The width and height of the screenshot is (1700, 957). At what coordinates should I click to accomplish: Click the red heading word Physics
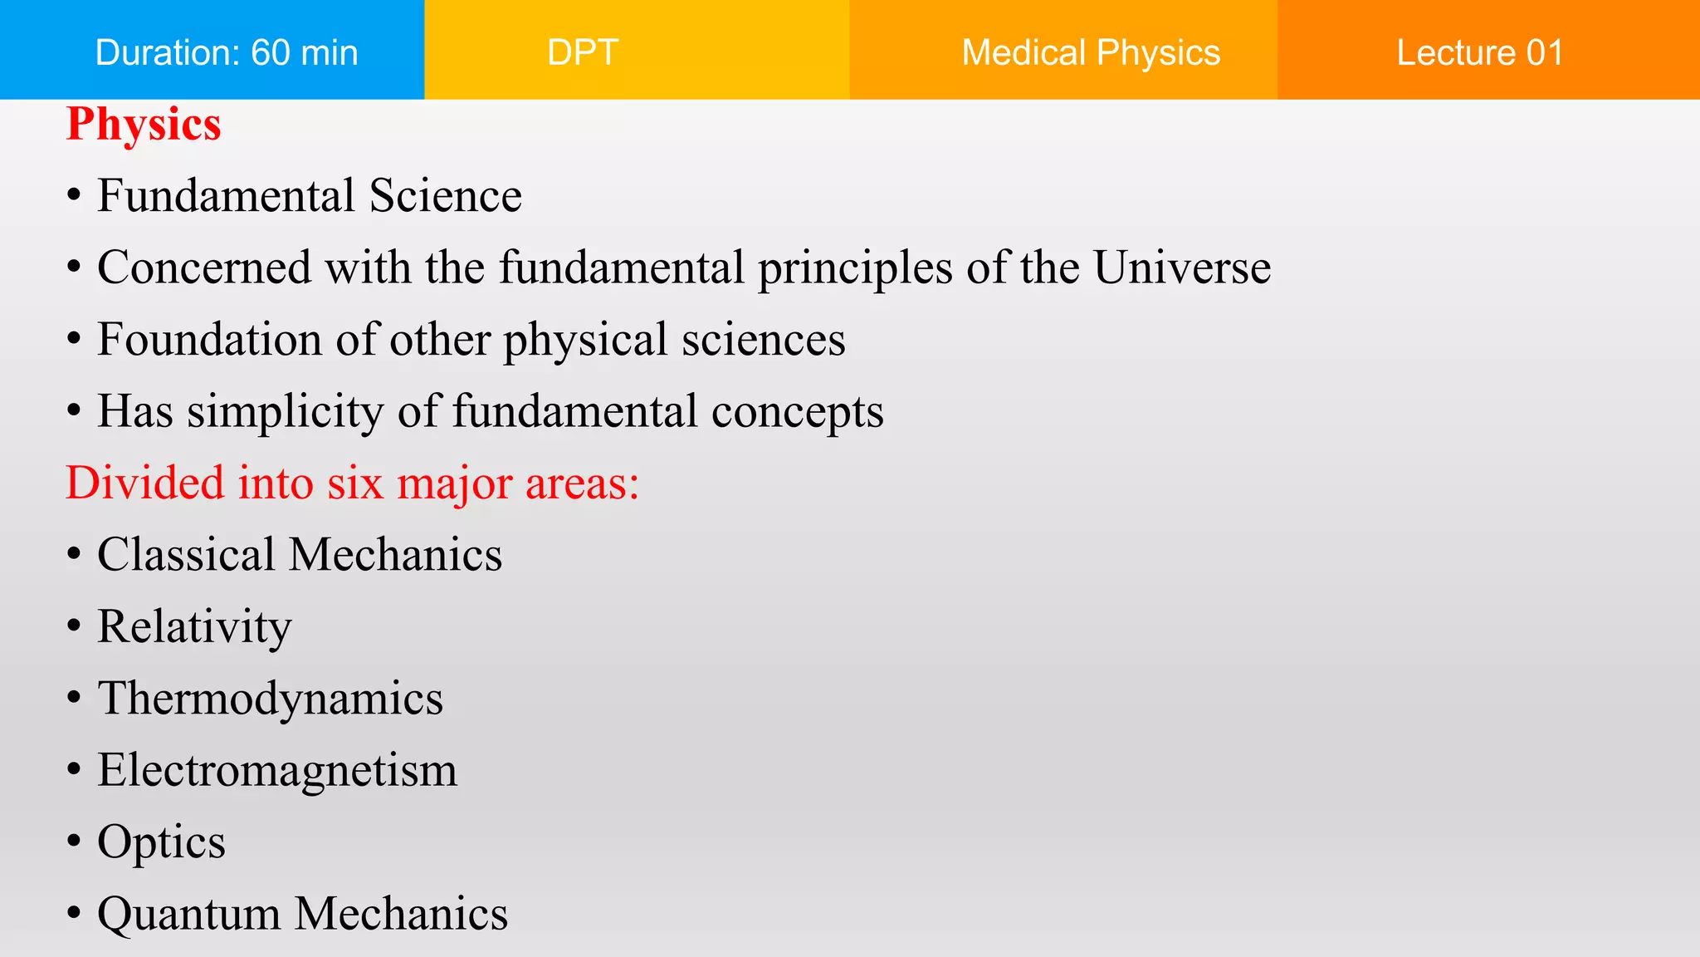[x=144, y=125]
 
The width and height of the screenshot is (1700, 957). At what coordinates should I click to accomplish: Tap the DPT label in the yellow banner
[x=583, y=52]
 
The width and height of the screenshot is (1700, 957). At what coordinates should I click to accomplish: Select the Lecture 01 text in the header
[x=1479, y=52]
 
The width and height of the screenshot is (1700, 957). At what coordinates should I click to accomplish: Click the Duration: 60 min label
[x=227, y=52]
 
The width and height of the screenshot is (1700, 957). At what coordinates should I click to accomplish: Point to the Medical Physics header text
[x=1090, y=52]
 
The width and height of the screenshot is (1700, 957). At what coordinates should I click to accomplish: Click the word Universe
[x=1181, y=267]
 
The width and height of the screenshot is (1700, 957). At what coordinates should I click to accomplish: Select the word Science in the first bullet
[x=445, y=196]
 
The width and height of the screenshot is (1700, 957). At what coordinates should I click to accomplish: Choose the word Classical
[x=186, y=555]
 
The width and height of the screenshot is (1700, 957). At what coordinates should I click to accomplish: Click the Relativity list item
[x=194, y=626]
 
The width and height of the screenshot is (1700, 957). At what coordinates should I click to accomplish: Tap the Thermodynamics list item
[x=270, y=698]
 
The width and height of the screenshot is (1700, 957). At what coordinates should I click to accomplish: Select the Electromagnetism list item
[x=277, y=770]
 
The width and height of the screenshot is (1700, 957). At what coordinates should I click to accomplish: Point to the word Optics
[x=161, y=842]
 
